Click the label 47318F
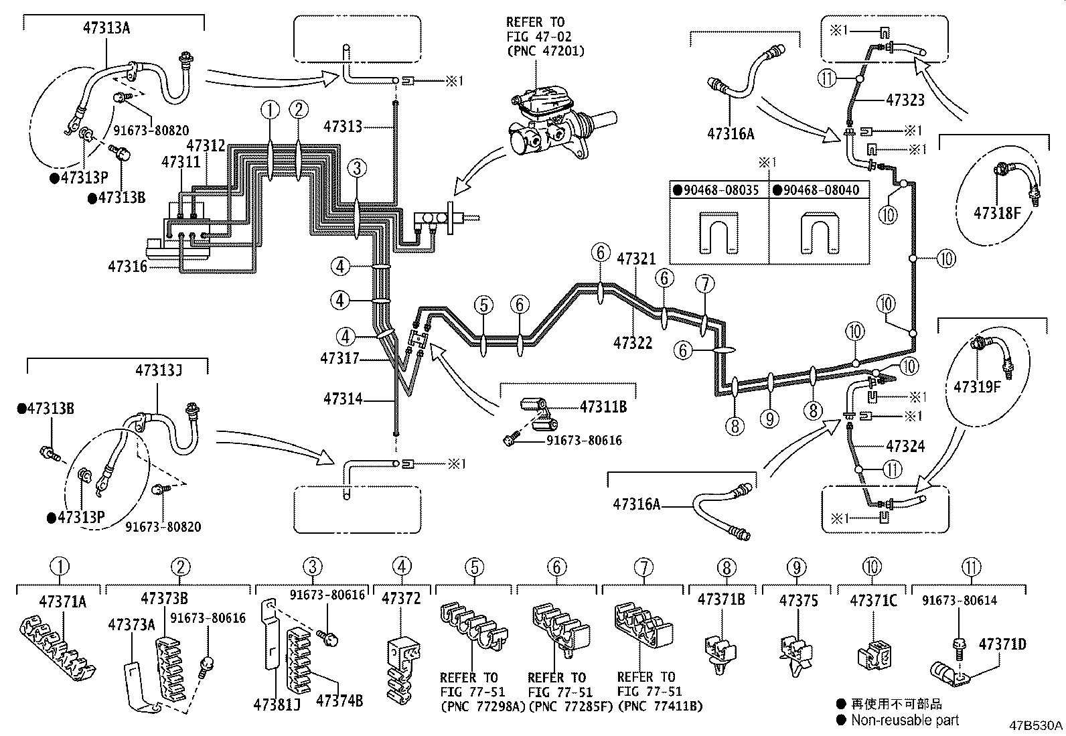tap(998, 213)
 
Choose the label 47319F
tap(978, 386)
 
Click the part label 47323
tap(905, 100)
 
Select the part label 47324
tap(905, 445)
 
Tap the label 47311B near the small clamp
tap(603, 406)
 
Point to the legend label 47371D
tap(1002, 644)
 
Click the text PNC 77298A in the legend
tap(482, 705)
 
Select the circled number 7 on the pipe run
tap(704, 285)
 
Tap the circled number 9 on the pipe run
tap(770, 419)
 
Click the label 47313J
tap(158, 370)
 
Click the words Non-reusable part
tap(904, 721)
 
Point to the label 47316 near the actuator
tap(127, 267)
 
